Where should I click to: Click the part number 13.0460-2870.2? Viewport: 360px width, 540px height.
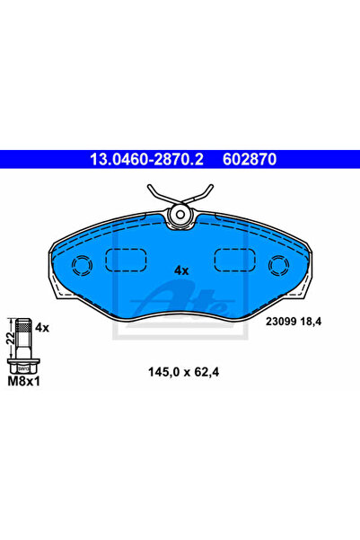(146, 159)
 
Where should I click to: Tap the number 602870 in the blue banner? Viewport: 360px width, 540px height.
(250, 159)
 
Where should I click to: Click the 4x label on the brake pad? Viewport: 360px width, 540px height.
(181, 270)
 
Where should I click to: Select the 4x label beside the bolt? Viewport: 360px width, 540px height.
(42, 328)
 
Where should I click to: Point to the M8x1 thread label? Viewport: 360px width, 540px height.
(23, 381)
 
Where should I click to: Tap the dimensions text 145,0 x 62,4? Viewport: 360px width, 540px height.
(183, 372)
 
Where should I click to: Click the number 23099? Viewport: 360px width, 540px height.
(281, 322)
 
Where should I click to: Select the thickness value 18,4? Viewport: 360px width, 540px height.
(311, 322)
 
